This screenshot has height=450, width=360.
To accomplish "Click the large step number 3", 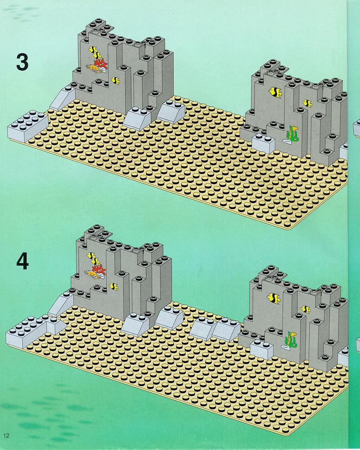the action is tap(23, 62).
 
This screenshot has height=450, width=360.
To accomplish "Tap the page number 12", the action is tap(6, 436).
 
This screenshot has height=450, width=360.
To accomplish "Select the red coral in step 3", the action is tap(100, 64).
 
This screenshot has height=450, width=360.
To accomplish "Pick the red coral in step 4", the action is tap(99, 269).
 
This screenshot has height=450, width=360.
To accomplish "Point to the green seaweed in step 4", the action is tap(291, 340).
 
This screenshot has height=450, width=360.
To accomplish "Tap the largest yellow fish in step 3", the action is tap(275, 92).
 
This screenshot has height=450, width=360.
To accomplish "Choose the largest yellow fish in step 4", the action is tap(273, 298).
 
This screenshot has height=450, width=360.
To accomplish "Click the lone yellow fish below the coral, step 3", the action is tap(115, 81).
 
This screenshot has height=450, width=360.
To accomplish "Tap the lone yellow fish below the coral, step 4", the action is tap(114, 286).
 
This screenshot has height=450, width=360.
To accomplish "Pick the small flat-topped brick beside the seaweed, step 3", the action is tap(263, 144).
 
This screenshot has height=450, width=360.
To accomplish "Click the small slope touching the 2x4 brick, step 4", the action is tap(55, 325).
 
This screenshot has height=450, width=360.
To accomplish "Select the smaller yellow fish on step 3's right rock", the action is tap(307, 103).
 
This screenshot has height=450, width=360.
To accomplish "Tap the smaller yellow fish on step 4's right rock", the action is tap(306, 309).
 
